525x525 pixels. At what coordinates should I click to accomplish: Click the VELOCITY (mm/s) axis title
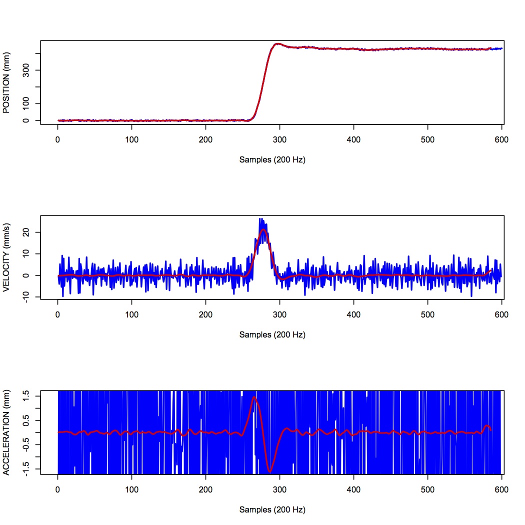pos(6,257)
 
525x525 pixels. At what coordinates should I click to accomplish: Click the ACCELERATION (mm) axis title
pos(6,431)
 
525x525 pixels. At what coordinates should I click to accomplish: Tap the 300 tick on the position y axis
pos(25,69)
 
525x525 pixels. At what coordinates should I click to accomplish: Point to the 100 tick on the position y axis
pos(25,103)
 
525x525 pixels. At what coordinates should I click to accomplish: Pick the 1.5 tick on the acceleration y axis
pos(25,395)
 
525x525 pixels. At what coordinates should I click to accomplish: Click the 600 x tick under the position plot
pos(501,140)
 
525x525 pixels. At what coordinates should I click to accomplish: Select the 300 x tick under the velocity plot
pos(279,314)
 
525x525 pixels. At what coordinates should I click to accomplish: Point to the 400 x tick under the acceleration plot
pos(353,490)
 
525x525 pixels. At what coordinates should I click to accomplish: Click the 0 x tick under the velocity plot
pos(58,314)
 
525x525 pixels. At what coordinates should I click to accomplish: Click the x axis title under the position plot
pos(272,160)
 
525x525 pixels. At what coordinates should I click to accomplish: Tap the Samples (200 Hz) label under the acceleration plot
pos(272,510)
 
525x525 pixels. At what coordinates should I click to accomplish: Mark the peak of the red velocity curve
pos(263,229)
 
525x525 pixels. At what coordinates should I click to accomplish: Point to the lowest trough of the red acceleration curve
pos(270,471)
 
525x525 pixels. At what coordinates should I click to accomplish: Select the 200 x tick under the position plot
pos(205,140)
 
